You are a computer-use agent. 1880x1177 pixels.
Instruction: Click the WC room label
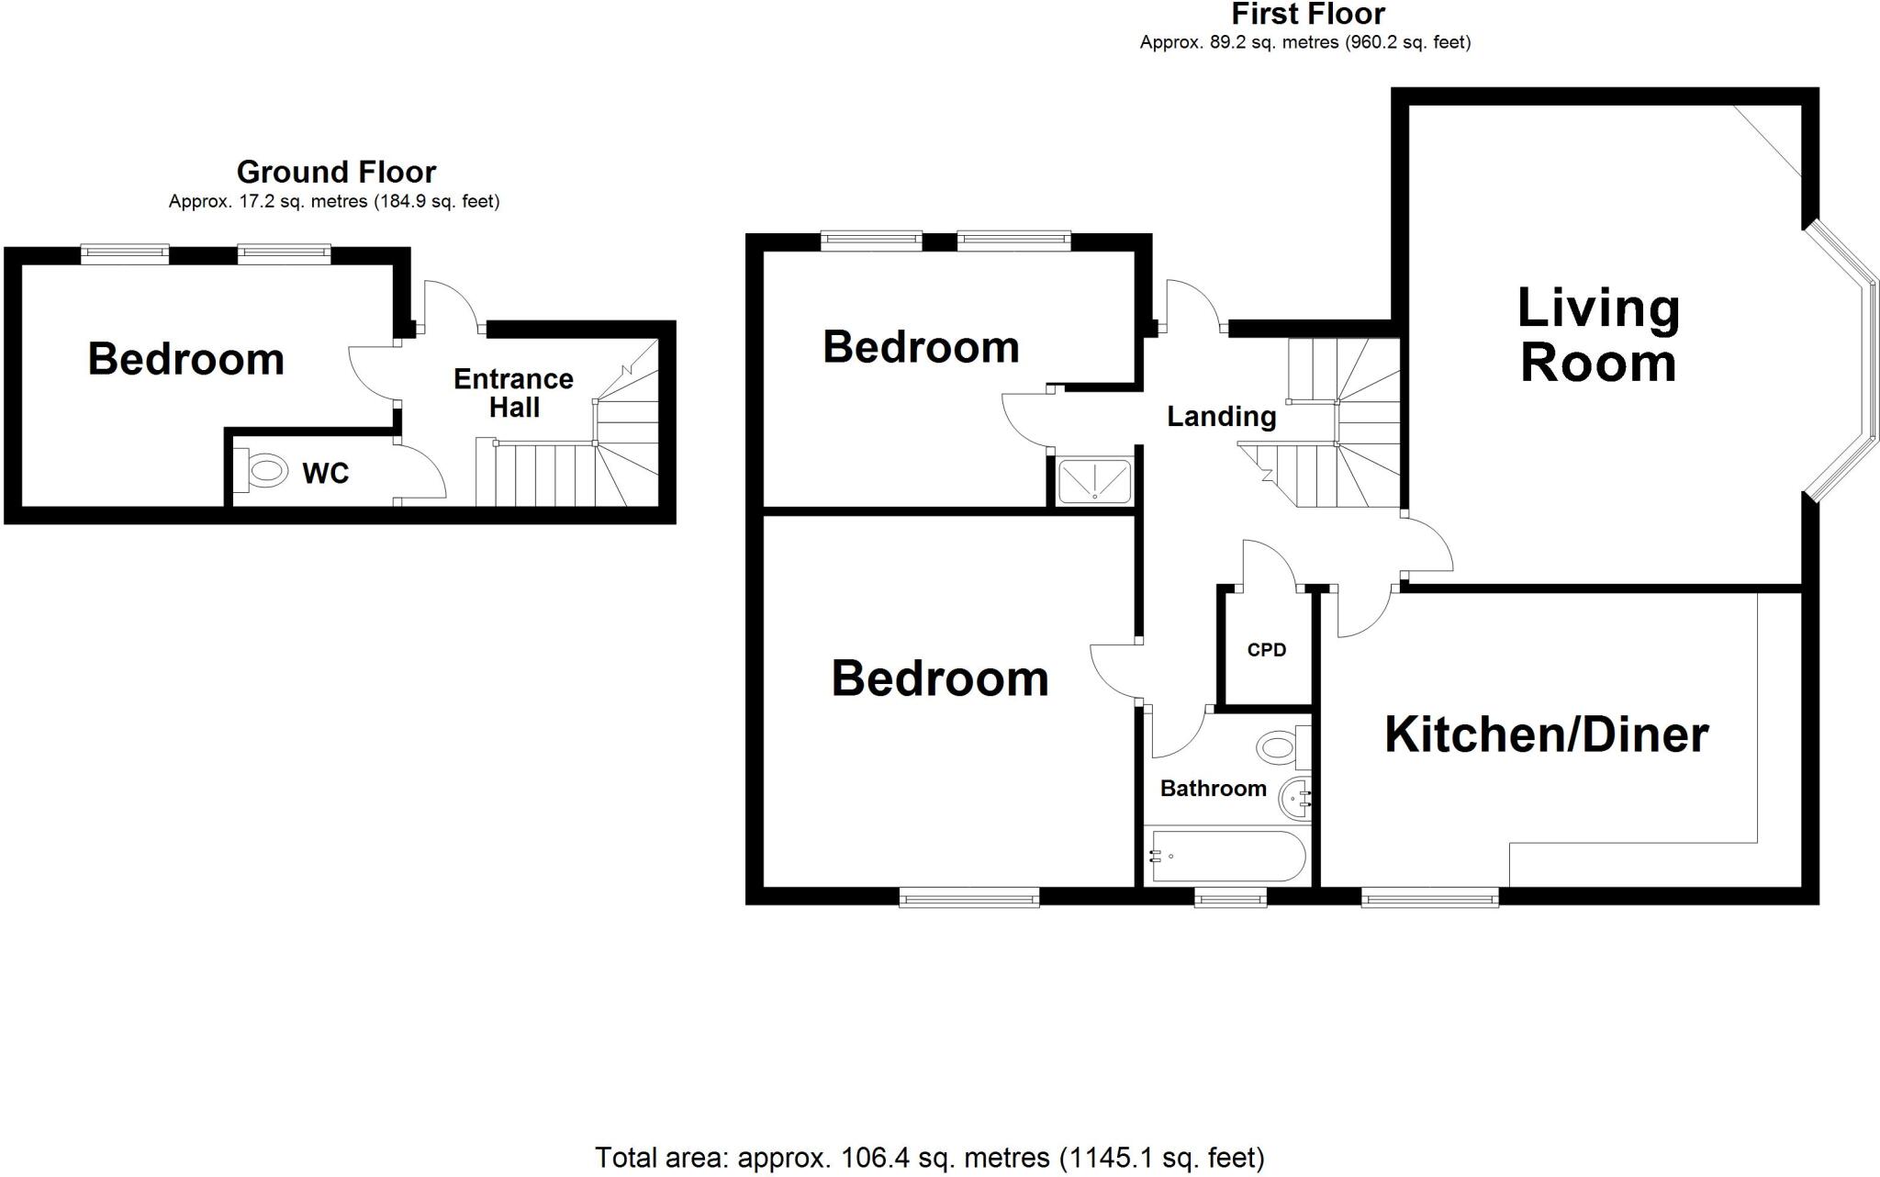(325, 474)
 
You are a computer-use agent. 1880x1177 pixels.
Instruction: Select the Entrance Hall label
(513, 393)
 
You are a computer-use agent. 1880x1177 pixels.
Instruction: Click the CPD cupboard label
(1266, 650)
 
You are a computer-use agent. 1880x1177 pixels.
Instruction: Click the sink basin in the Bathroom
(1296, 799)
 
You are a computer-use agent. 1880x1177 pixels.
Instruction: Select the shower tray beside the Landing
(1094, 480)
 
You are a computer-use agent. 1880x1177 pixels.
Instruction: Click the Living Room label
(1597, 335)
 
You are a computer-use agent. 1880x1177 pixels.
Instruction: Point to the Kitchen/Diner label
(1546, 734)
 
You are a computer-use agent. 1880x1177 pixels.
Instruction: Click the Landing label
(1221, 417)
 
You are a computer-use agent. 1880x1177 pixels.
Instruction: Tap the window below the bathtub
(1230, 897)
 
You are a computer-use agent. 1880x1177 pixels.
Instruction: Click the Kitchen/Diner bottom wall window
(1429, 897)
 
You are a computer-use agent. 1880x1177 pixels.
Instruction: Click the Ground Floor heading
(336, 172)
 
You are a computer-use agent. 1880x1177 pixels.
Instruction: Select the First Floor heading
(1307, 15)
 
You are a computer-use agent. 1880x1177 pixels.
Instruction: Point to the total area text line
(929, 1158)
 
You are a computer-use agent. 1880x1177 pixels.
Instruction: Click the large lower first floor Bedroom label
(939, 678)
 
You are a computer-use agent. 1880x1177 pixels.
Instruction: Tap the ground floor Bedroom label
(185, 359)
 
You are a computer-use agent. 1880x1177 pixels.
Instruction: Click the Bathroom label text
(1213, 789)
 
